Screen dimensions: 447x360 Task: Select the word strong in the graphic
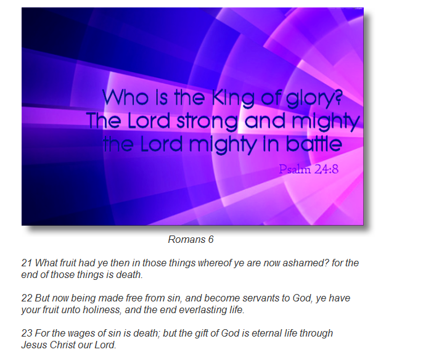click(207, 121)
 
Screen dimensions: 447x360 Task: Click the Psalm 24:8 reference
click(308, 169)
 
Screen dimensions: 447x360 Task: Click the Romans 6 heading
click(191, 239)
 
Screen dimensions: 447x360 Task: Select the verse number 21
click(27, 263)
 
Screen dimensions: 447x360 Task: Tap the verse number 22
click(27, 298)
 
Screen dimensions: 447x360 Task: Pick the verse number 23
click(27, 333)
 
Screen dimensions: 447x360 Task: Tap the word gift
click(202, 333)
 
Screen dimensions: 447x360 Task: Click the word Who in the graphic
click(125, 97)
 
